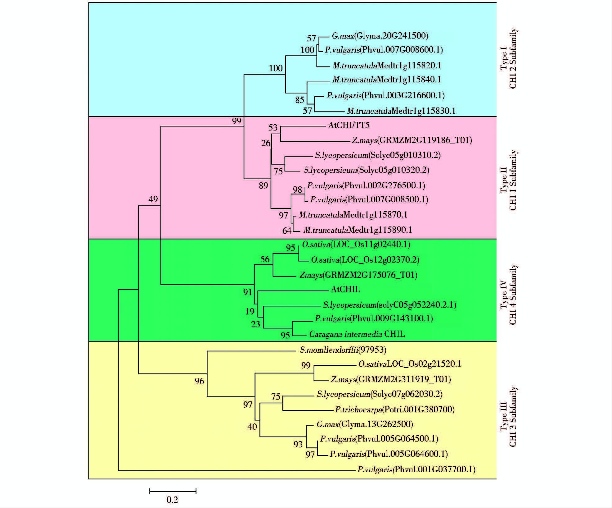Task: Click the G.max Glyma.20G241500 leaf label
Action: click(x=380, y=36)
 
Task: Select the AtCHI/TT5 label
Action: click(x=349, y=125)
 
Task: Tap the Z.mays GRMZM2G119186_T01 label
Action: click(x=412, y=140)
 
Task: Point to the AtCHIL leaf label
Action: click(x=345, y=289)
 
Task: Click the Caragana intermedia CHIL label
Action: click(x=357, y=334)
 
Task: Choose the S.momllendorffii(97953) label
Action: click(x=343, y=350)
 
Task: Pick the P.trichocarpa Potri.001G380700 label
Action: click(x=395, y=410)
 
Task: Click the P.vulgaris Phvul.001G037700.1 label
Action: click(x=416, y=469)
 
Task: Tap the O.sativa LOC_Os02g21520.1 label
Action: click(x=410, y=364)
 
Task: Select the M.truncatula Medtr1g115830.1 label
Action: click(x=401, y=111)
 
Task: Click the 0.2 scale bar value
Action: click(x=172, y=500)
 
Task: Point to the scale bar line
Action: click(x=173, y=491)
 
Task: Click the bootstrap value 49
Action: click(x=153, y=199)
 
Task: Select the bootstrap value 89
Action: click(x=263, y=185)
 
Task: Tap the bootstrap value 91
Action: click(x=247, y=292)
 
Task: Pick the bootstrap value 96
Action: click(x=199, y=381)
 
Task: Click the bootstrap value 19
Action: click(x=250, y=311)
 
